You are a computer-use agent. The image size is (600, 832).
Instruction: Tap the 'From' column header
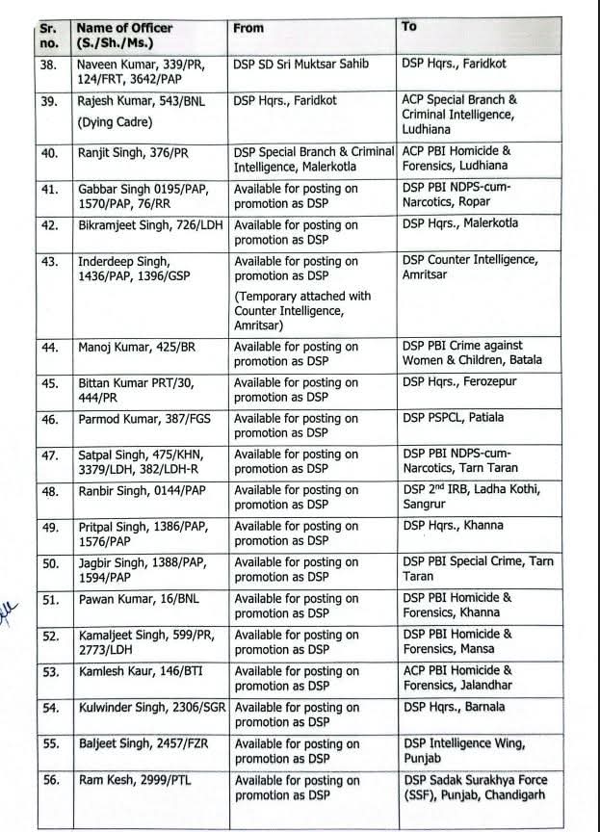248,28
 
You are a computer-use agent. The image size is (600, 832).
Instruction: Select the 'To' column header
409,27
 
